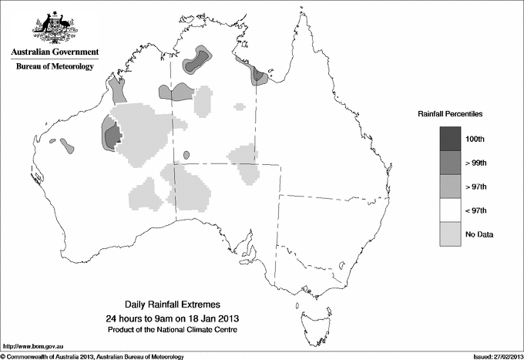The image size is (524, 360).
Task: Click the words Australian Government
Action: [x=55, y=52]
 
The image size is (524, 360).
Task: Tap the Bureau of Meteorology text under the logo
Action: [x=55, y=67]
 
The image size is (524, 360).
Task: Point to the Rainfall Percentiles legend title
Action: [x=450, y=113]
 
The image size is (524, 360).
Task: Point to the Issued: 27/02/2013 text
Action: [x=496, y=356]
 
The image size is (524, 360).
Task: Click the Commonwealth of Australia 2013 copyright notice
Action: [x=92, y=356]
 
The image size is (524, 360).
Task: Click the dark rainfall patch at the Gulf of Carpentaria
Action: [x=259, y=76]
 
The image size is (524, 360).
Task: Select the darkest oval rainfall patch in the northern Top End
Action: [x=191, y=66]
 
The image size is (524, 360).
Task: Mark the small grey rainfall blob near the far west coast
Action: [x=67, y=144]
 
